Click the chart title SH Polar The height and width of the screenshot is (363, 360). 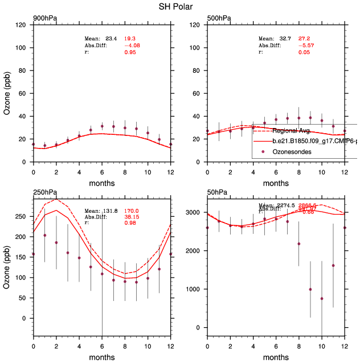(179, 7)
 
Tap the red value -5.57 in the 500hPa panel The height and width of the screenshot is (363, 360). (306, 45)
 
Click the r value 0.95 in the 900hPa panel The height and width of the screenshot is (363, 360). (130, 52)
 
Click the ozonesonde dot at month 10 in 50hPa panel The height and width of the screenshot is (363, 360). (321, 299)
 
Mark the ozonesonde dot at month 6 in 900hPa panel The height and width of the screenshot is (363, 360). (102, 126)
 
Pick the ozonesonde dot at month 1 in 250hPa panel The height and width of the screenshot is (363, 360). (44, 235)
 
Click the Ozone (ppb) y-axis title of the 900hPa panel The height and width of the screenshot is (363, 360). (7, 93)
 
